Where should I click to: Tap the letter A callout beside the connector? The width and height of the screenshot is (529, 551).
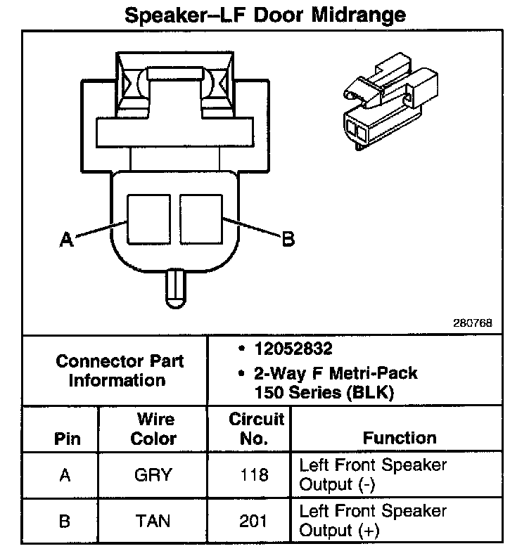point(67,240)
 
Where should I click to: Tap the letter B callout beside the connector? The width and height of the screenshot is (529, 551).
point(288,239)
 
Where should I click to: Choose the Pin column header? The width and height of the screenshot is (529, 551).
point(67,439)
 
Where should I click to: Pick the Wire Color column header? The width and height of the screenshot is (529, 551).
point(155,429)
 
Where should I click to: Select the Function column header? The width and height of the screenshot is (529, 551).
point(400,438)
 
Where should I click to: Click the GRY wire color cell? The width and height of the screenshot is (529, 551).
point(153,475)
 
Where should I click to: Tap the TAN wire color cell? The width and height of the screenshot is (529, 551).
point(153,521)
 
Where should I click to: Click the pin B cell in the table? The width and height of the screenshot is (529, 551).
point(65,521)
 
